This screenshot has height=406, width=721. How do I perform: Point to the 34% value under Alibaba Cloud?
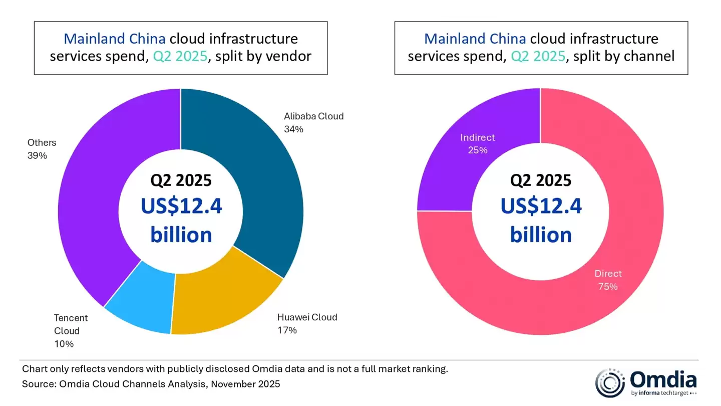click(x=293, y=129)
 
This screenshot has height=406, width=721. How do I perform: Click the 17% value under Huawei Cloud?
click(x=287, y=330)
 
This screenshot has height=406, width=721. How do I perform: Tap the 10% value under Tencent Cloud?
click(x=64, y=344)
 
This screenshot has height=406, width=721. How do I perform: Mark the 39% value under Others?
click(x=37, y=156)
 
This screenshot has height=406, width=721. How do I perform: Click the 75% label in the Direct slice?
click(x=608, y=287)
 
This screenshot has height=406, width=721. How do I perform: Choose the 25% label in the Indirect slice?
click(x=477, y=150)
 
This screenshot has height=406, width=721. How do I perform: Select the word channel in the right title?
click(x=649, y=56)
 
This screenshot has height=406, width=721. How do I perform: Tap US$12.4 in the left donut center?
click(x=181, y=206)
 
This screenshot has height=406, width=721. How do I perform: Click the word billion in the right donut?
click(x=541, y=234)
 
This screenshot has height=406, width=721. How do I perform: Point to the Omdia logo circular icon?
click(x=609, y=383)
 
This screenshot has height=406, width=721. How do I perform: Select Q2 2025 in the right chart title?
click(x=538, y=56)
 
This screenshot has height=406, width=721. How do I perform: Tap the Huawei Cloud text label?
click(x=307, y=317)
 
